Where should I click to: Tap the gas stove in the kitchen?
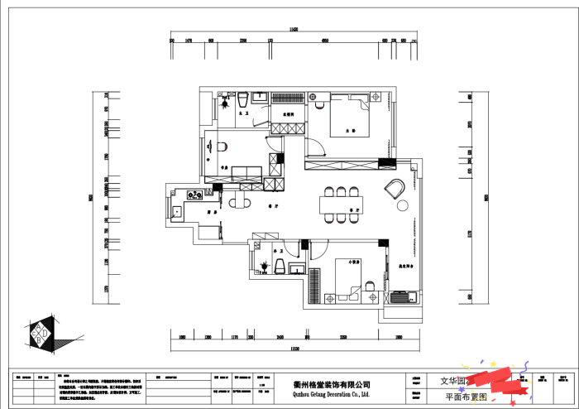(195, 196)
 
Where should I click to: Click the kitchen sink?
(176, 210)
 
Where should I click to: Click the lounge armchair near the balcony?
(394, 188)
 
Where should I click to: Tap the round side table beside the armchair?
(404, 205)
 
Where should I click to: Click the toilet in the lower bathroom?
(280, 267)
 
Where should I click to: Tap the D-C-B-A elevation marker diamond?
(41, 334)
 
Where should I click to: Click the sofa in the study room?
(246, 173)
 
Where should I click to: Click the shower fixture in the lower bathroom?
(263, 267)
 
